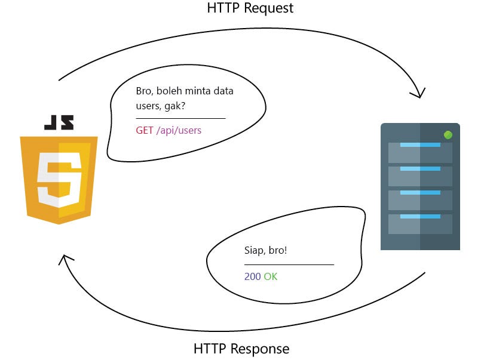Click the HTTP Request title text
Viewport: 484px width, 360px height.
250,8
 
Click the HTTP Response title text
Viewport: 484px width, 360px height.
241,349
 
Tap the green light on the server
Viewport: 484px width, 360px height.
448,135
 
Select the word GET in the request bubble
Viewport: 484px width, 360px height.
145,130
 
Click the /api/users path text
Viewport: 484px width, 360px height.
179,131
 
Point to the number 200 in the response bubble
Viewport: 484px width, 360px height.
253,276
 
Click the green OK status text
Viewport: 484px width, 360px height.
271,276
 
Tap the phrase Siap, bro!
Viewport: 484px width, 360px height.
265,250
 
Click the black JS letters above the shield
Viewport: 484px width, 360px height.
59,122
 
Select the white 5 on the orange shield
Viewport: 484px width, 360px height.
59,179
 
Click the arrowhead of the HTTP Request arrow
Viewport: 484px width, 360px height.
419,94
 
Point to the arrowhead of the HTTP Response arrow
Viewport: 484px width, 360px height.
65,260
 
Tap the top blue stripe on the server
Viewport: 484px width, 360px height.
420,144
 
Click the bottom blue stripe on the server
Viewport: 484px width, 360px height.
420,217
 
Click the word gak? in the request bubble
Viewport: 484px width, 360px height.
174,106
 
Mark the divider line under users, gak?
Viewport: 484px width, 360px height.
180,118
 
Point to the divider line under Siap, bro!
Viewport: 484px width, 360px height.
289,264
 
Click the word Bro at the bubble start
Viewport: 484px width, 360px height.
143,91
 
